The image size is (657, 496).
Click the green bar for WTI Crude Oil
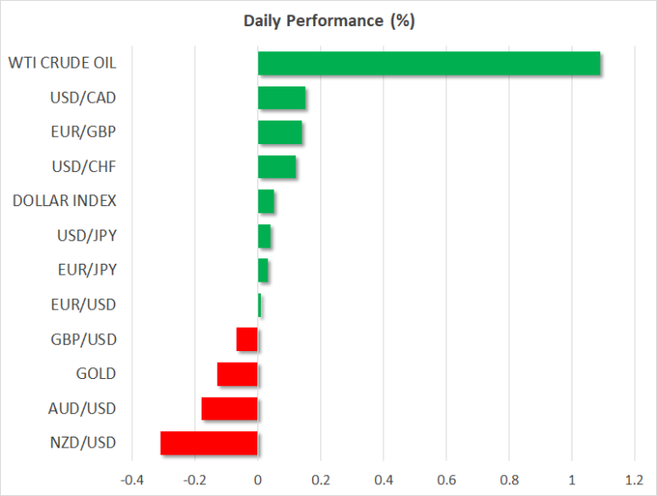point(429,63)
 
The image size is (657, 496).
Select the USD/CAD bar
point(282,97)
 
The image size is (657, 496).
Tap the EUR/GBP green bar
point(280,132)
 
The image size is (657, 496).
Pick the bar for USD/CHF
point(277,167)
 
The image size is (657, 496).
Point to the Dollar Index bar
point(266,202)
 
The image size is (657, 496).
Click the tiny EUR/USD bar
point(259,305)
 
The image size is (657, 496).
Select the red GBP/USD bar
point(247,339)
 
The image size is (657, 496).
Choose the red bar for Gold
point(238,374)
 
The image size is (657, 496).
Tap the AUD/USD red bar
point(229,409)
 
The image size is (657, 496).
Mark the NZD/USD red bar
point(209,443)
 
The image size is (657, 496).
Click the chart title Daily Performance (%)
point(328,21)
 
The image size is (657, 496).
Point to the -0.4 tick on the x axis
point(132,480)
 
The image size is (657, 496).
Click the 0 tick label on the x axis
point(257,480)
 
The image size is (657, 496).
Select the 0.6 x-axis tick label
point(446,480)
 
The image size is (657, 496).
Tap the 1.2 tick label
point(634,480)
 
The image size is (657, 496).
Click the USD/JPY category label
point(86,236)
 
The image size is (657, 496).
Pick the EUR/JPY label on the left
point(87,270)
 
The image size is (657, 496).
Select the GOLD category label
point(96,374)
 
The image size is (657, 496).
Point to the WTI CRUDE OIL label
point(62,63)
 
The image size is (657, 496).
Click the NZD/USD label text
point(83,443)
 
